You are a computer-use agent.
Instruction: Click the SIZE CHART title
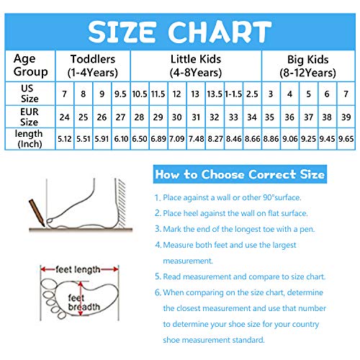click(179, 32)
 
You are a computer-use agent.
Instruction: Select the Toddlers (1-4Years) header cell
click(93, 66)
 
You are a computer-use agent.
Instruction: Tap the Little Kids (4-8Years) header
click(196, 66)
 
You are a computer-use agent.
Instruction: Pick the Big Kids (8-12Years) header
click(307, 66)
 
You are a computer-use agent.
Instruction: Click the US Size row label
click(30, 94)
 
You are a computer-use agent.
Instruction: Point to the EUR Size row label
click(30, 117)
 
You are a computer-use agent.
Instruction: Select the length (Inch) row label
click(29, 139)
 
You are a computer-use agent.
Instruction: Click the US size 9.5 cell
click(120, 94)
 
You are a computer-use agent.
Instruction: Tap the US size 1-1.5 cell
click(233, 94)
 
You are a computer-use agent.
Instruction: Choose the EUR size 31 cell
click(196, 117)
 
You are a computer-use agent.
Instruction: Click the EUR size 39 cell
click(346, 117)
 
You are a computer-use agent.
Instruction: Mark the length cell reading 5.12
click(65, 139)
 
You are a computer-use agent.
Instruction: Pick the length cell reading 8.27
click(215, 139)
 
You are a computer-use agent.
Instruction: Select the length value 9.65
click(346, 139)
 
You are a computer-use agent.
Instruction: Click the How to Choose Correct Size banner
click(240, 174)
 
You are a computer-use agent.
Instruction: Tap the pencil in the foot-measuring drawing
click(37, 212)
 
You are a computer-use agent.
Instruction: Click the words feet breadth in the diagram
click(84, 302)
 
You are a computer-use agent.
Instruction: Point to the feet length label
click(78, 269)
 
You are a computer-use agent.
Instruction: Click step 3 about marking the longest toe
click(235, 229)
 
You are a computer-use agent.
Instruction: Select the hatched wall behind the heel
click(121, 204)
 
